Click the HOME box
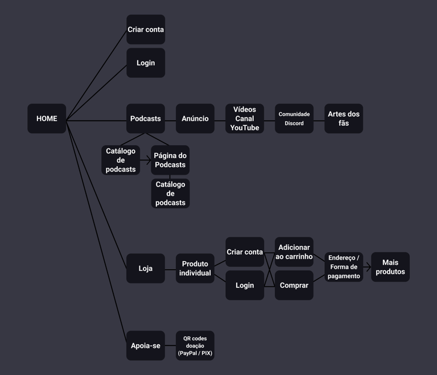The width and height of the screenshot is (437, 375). (x=47, y=118)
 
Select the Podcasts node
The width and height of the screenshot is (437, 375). (x=146, y=118)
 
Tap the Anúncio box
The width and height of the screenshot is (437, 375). (x=195, y=118)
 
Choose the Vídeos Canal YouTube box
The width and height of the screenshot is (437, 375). (x=245, y=118)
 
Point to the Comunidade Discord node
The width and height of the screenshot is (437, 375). (x=294, y=118)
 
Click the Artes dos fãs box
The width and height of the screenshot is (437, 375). (x=344, y=118)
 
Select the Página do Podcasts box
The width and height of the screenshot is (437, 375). (x=170, y=160)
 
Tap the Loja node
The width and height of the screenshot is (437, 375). (x=146, y=268)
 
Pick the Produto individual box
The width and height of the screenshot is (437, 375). (x=195, y=268)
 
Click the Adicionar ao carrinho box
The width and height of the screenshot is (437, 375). (x=294, y=252)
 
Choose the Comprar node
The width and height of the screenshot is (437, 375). (x=294, y=285)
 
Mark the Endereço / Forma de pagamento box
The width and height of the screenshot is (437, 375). (x=344, y=267)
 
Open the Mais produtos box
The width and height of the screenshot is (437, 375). (x=390, y=267)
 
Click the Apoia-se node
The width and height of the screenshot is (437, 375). (x=146, y=345)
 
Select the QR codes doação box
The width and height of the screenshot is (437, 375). (x=195, y=345)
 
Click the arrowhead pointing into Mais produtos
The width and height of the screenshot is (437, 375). (x=369, y=267)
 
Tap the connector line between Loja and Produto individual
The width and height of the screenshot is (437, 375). (x=170, y=269)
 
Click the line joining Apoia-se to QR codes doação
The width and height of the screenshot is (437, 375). (x=170, y=345)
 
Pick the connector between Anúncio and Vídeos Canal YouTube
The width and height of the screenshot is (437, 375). (x=220, y=121)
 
